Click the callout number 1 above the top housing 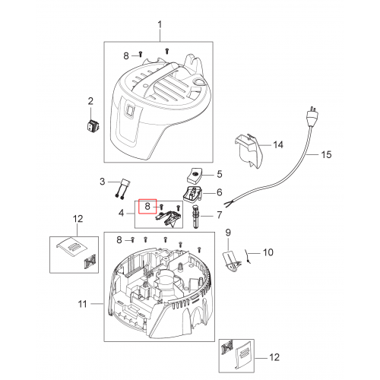(160, 25)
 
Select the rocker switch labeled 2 (93, 125)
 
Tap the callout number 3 (102, 182)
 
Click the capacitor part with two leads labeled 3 (122, 189)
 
